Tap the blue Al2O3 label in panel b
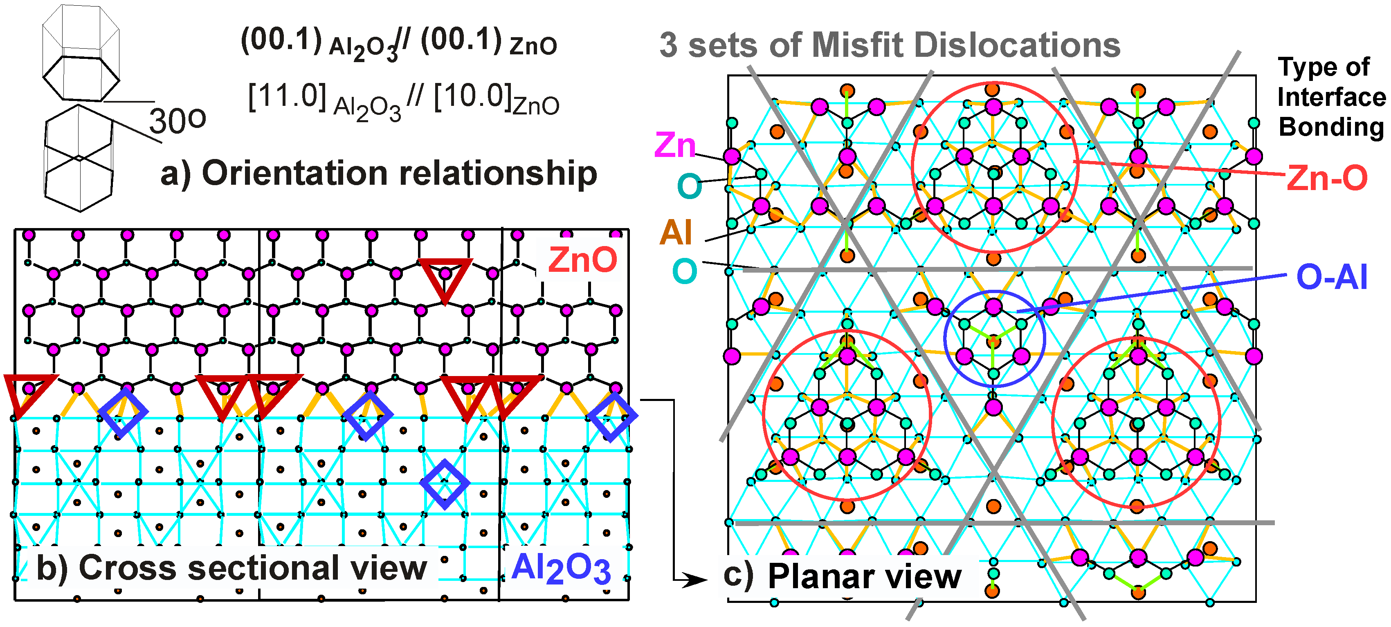click(560, 569)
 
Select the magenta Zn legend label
click(674, 145)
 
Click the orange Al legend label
click(676, 233)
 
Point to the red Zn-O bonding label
click(1327, 178)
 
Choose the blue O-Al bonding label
click(1332, 278)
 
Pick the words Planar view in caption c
click(864, 576)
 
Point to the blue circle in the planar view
click(994, 339)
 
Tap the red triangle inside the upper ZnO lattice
click(445, 278)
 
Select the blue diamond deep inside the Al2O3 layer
click(445, 484)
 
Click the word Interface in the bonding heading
click(1331, 97)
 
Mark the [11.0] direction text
click(287, 97)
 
